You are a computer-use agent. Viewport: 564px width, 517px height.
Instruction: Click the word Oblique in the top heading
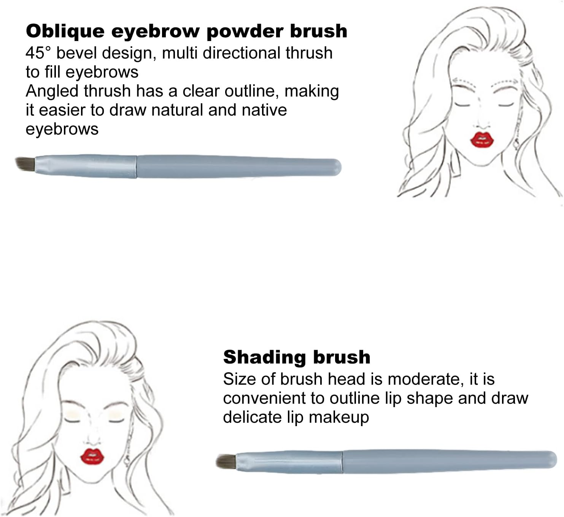65,32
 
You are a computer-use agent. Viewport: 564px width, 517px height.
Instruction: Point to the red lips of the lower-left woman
92,456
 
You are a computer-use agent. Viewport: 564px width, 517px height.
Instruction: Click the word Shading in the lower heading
265,357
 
